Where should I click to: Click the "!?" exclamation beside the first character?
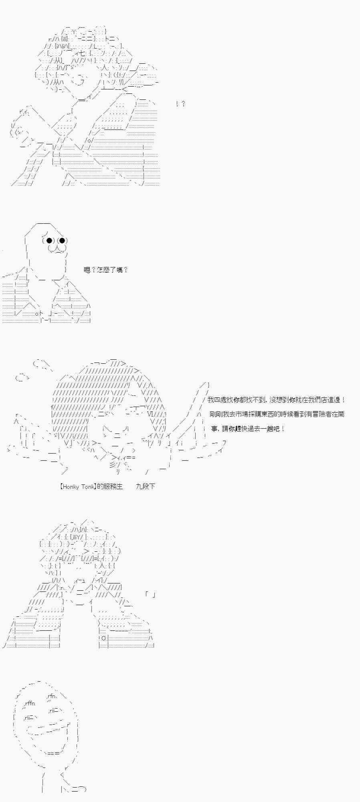coord(180,104)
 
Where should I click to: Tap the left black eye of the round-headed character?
coord(49,241)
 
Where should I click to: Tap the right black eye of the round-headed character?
coord(63,241)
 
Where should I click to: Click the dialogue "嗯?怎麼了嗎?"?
coord(106,270)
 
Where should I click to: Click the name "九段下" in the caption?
coord(146,486)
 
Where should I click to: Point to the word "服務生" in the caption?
coord(113,486)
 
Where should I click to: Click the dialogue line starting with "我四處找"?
coord(277,400)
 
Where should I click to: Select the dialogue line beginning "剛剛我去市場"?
coord(277,414)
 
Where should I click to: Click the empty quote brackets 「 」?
coord(150,594)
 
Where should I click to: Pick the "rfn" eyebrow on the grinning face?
coord(52,696)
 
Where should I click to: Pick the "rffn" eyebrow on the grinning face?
coord(30,703)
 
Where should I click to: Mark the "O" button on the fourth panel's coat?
coord(103,638)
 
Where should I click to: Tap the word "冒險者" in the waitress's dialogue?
coord(318,414)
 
